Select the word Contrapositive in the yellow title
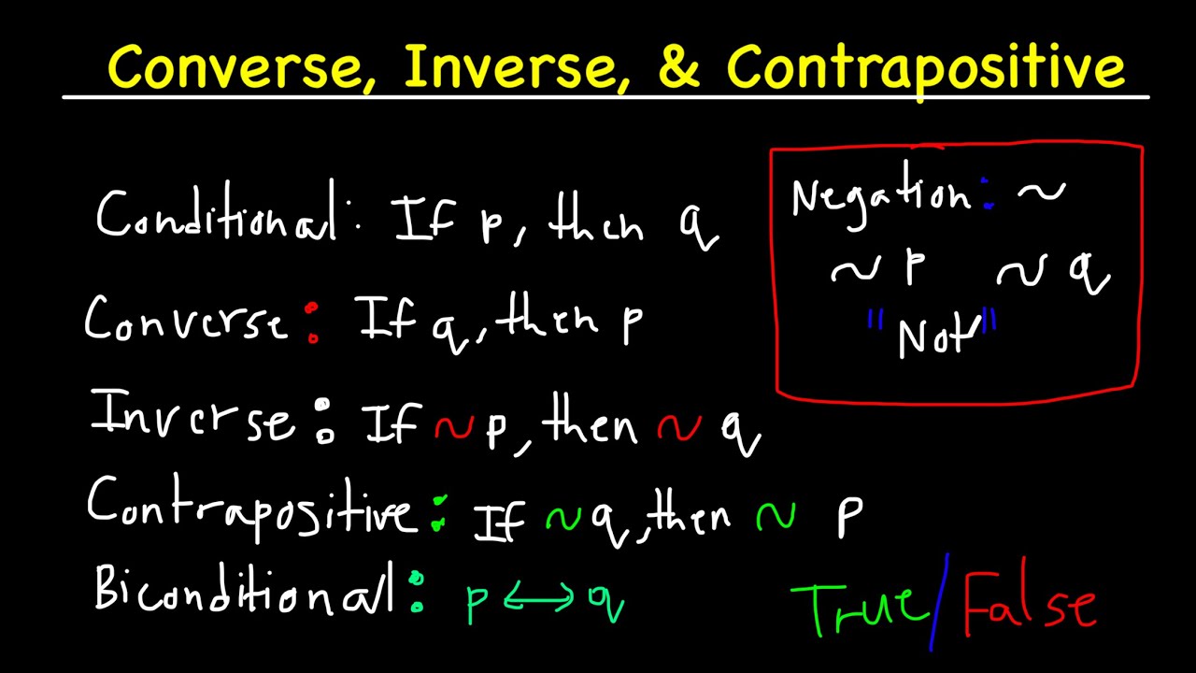coord(925,67)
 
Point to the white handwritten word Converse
coord(185,321)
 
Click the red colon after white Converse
coord(312,322)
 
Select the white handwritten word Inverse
coord(192,419)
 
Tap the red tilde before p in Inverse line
coord(454,427)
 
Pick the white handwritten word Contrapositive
coord(250,508)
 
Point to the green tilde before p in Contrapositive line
coord(776,517)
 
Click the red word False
coord(1028,606)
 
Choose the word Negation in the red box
coord(880,196)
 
